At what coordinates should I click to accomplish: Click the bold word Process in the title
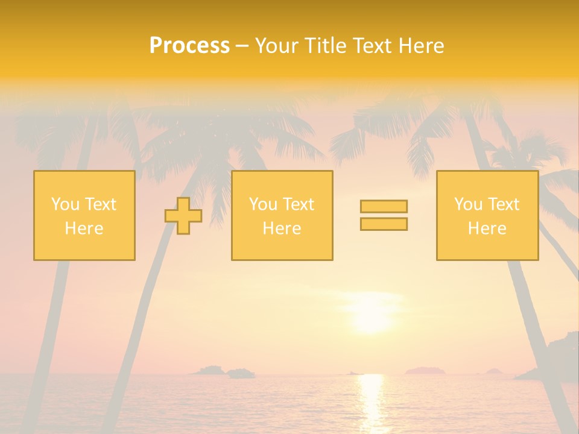pos(189,46)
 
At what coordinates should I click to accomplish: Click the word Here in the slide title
pos(422,46)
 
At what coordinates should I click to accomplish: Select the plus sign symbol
pos(183,216)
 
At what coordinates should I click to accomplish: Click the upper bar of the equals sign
pos(384,206)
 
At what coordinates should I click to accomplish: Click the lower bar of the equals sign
pos(384,224)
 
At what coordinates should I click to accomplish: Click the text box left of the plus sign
pos(84,215)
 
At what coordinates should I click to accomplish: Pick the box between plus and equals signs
pos(282,215)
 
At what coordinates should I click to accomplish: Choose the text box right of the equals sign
pos(487,215)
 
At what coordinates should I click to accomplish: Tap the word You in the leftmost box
pos(65,204)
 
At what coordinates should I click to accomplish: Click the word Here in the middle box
pos(282,228)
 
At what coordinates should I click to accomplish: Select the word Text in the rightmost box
pos(503,204)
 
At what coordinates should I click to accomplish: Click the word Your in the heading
pos(276,46)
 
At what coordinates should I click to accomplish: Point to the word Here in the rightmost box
pos(487,228)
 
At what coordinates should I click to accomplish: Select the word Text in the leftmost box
pos(100,204)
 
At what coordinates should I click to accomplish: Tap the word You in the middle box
pos(262,204)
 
